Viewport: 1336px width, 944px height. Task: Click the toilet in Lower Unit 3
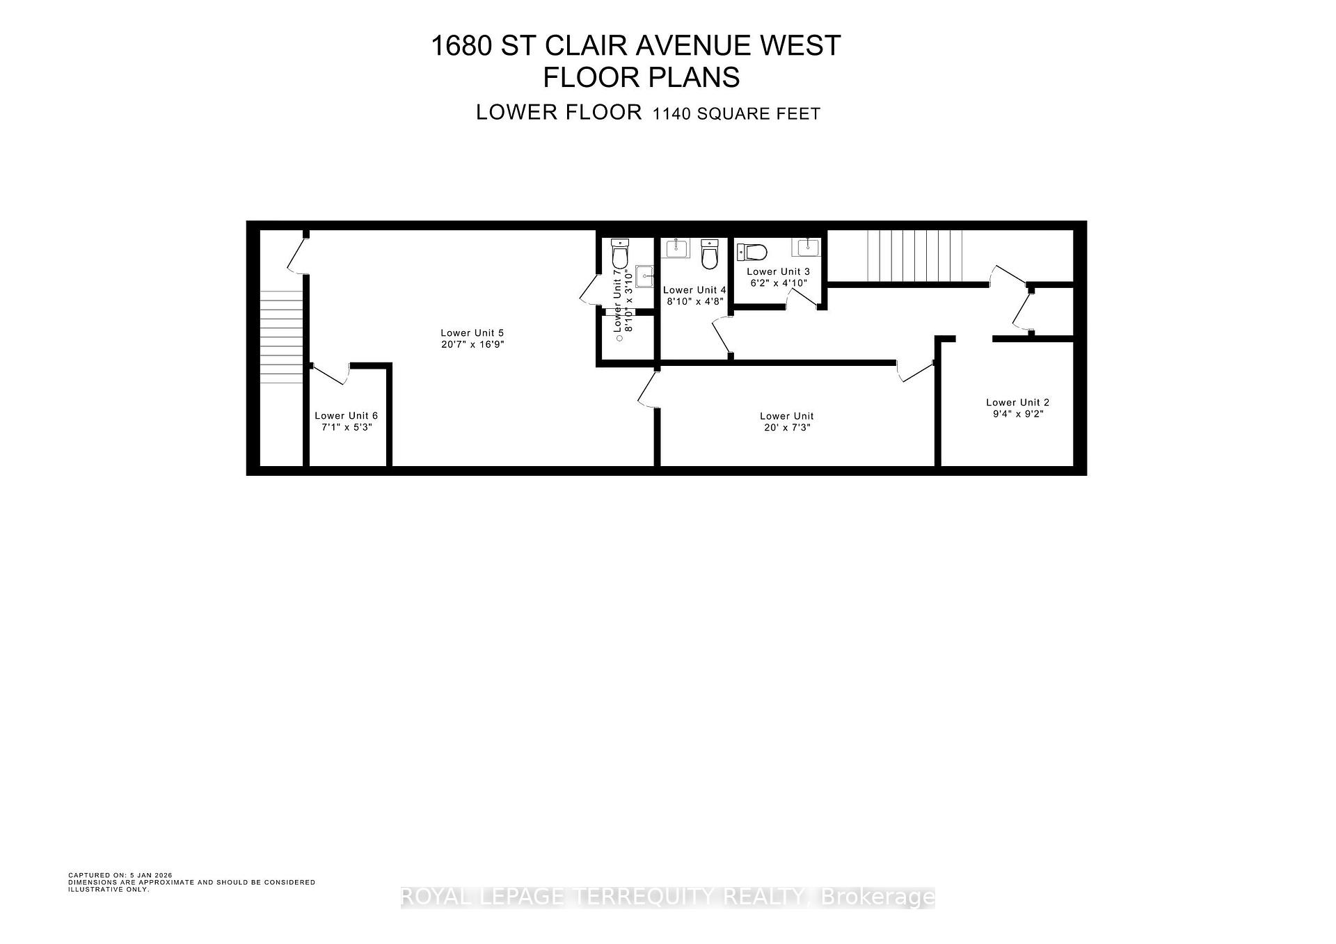coord(752,251)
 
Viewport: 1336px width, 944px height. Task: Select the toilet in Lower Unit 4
coord(708,255)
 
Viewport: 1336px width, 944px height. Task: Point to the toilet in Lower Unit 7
coord(619,253)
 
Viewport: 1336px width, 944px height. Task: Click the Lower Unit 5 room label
coord(472,333)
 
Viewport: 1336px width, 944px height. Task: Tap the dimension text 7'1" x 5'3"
coord(346,427)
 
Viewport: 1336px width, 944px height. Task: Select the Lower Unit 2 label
coord(1017,402)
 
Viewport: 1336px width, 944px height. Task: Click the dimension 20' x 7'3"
coord(786,427)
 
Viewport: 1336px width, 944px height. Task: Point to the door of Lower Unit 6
coord(330,374)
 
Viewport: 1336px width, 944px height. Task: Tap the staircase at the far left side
coord(281,336)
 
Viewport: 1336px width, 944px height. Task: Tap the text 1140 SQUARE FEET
coord(735,114)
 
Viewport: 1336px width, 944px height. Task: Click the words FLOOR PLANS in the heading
coord(641,77)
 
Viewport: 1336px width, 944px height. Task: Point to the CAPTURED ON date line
coord(120,875)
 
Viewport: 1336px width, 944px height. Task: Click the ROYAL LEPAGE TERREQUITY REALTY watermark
coord(667,897)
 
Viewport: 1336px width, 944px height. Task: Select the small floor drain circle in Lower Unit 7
coord(619,339)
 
